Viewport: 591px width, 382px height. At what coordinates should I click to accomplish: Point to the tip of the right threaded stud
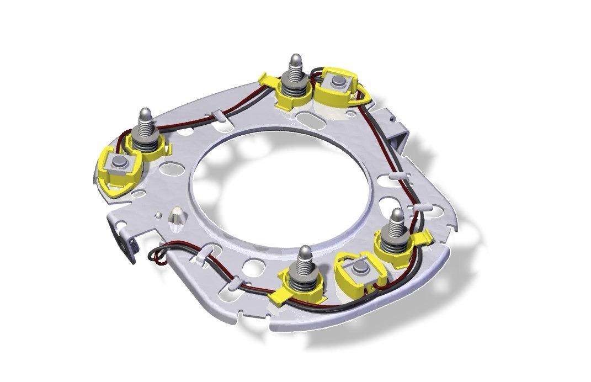pos(396,215)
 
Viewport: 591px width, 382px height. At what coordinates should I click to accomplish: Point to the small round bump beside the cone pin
pos(158,214)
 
